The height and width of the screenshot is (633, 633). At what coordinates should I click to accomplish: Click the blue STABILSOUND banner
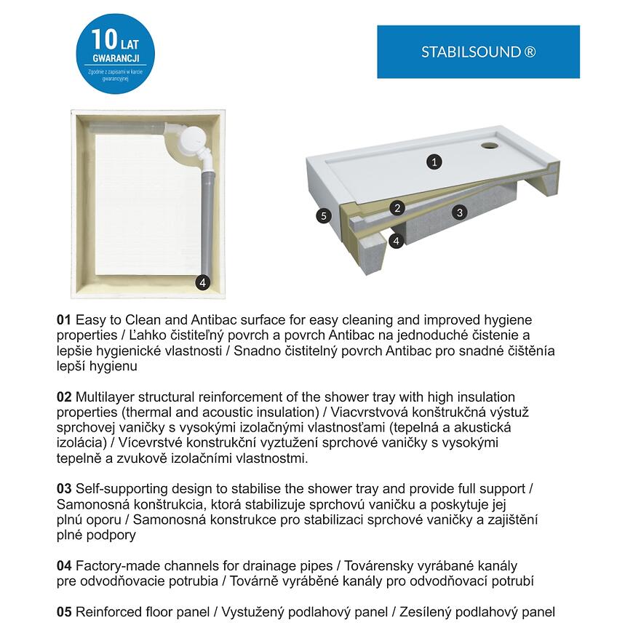[478, 52]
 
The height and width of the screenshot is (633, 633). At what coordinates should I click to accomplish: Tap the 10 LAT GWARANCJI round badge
[114, 54]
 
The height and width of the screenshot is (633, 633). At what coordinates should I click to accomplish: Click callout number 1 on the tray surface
[434, 162]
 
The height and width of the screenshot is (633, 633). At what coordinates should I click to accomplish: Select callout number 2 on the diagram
[397, 208]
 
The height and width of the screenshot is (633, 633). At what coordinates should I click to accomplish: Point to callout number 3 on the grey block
[458, 212]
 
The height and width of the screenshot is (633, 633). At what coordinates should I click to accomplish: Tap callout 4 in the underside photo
[203, 282]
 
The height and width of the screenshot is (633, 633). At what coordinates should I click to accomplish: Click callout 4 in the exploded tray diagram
[397, 239]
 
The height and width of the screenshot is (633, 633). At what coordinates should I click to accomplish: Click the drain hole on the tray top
[490, 145]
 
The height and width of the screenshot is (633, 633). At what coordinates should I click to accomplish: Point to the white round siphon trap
[194, 139]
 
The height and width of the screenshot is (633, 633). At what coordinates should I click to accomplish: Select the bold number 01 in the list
[64, 320]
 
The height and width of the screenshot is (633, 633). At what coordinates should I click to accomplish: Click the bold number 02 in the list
[64, 397]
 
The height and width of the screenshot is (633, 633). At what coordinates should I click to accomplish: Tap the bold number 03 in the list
[64, 489]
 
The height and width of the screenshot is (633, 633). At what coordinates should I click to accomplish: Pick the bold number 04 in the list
[64, 565]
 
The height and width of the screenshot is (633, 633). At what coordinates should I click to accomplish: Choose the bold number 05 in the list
[64, 612]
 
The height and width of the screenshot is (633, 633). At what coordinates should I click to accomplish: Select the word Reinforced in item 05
[109, 612]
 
